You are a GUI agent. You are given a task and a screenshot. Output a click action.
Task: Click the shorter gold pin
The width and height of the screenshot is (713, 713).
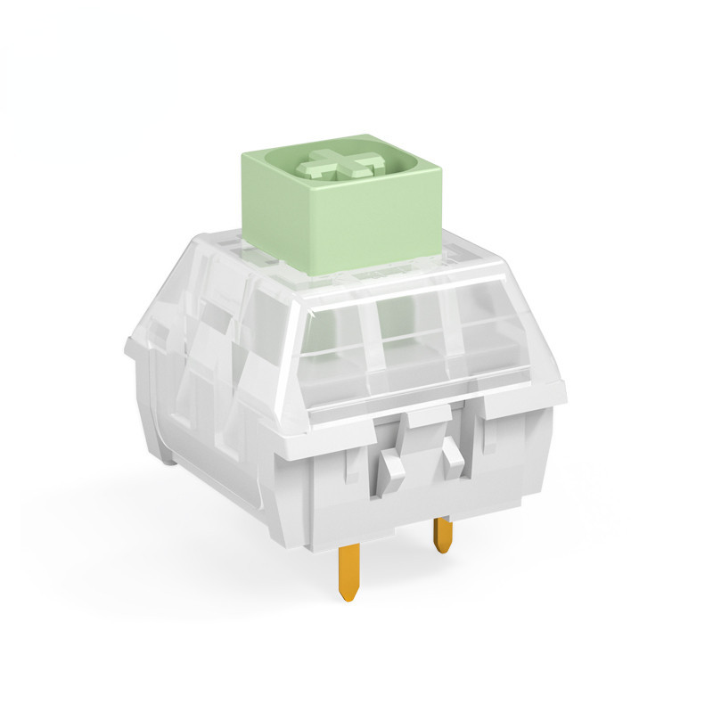(x=442, y=535)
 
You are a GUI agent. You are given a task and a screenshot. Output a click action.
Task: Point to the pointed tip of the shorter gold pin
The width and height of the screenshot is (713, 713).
(x=443, y=550)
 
